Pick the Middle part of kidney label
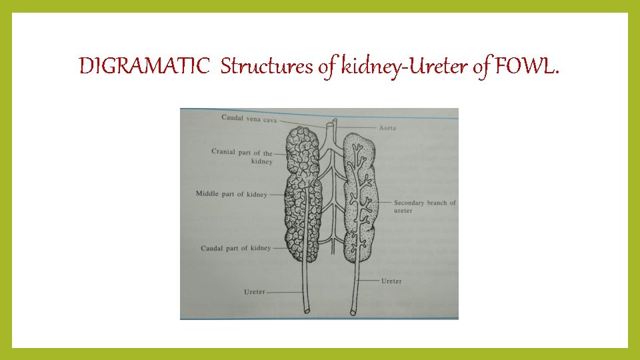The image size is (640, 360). click(x=231, y=194)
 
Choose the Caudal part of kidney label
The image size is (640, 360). click(x=236, y=249)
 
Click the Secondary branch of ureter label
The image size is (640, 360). click(x=425, y=206)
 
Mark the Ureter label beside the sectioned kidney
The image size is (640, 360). click(x=391, y=281)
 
